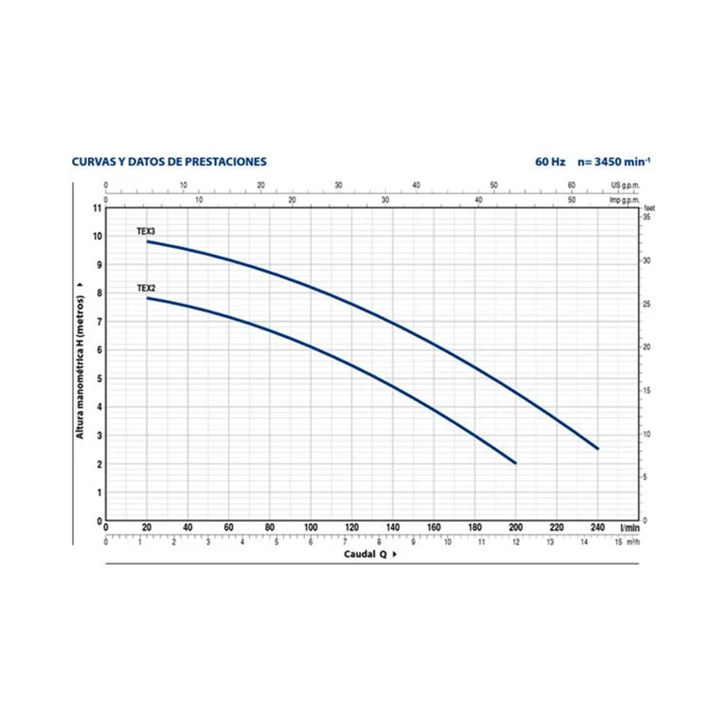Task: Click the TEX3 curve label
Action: point(146,231)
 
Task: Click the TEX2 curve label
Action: point(146,288)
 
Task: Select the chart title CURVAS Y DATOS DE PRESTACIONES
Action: point(169,162)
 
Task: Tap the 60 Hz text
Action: point(549,162)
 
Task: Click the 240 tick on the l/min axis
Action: point(597,528)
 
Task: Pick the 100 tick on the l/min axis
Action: point(310,528)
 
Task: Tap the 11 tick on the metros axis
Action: point(97,207)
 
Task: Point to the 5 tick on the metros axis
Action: point(98,379)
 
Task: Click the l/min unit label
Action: point(629,528)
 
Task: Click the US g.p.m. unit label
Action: point(626,186)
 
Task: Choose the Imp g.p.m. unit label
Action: point(625,201)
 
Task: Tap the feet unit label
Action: point(648,208)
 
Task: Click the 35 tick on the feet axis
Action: point(647,218)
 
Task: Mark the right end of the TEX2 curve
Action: point(516,463)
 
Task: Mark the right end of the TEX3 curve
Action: point(598,449)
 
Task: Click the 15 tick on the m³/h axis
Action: point(618,542)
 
